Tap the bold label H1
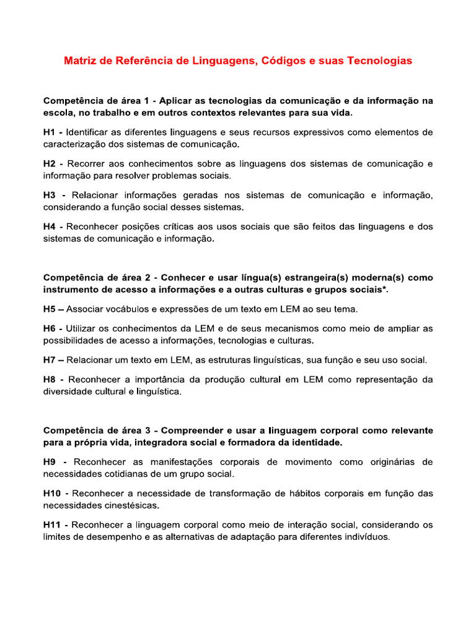click(x=50, y=132)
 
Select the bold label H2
click(x=50, y=164)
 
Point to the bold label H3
click(x=50, y=196)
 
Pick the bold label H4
click(x=50, y=227)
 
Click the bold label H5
click(x=50, y=309)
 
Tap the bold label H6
click(x=50, y=328)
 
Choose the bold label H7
click(x=50, y=360)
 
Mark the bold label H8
click(x=50, y=379)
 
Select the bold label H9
click(x=50, y=462)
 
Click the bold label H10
click(x=53, y=493)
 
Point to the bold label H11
click(x=53, y=525)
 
